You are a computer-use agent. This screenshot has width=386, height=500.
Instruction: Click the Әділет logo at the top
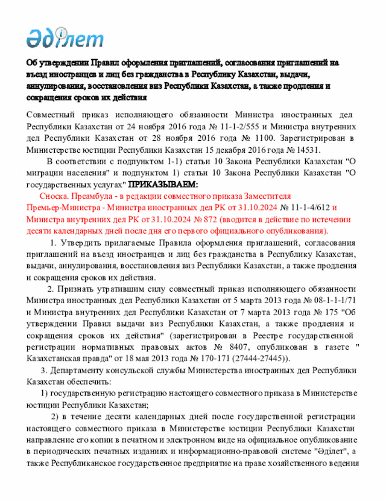(65, 37)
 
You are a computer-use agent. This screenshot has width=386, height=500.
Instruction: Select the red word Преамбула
(92, 197)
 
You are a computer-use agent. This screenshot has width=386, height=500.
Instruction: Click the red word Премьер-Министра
(59, 208)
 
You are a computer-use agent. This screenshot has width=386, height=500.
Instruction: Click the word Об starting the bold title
(31, 62)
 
